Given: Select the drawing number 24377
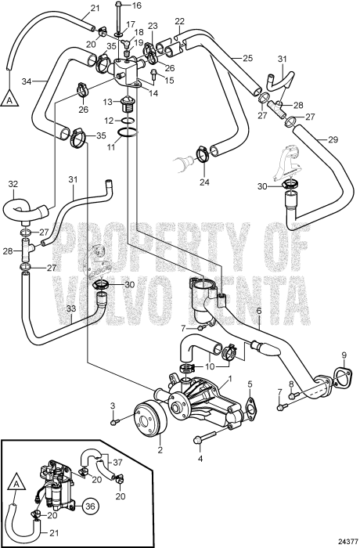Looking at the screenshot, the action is pyautogui.click(x=347, y=541).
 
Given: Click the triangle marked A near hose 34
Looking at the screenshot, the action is pyautogui.click(x=9, y=99).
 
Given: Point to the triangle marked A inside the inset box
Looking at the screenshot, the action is pyautogui.click(x=16, y=483).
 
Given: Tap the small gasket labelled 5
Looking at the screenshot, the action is pyautogui.click(x=251, y=408).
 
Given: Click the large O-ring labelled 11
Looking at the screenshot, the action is pyautogui.click(x=128, y=134).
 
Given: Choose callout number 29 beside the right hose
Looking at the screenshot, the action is pyautogui.click(x=333, y=140).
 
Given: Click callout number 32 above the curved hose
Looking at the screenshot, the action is pyautogui.click(x=13, y=184).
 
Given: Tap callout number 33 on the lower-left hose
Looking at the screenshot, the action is pyautogui.click(x=71, y=309).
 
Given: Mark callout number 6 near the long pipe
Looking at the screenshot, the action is pyautogui.click(x=259, y=310).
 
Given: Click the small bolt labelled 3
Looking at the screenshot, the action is pyautogui.click(x=114, y=423).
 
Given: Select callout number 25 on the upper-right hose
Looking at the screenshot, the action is pyautogui.click(x=247, y=58).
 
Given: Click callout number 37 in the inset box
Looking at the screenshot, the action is pyautogui.click(x=118, y=463).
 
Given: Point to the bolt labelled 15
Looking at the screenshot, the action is pyautogui.click(x=154, y=74).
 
